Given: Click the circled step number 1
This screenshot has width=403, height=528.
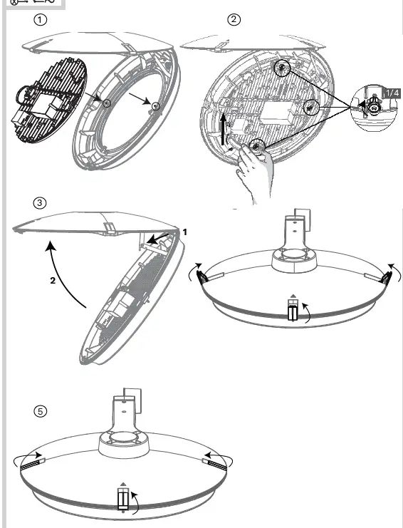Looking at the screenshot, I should point(41,20).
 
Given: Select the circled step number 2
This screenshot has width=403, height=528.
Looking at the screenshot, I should point(234,20).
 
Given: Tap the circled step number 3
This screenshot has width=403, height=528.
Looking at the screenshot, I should point(41,202).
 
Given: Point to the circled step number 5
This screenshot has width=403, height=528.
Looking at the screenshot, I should point(41,411).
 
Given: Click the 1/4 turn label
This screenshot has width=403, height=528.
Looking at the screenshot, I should point(392,93).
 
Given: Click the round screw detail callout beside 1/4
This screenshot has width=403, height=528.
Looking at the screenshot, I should point(372,109).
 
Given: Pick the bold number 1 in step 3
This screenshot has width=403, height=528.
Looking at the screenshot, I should point(183,232).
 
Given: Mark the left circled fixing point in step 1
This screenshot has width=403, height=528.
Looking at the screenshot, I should point(106,103).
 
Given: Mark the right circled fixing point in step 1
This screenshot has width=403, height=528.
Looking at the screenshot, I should point(154,106).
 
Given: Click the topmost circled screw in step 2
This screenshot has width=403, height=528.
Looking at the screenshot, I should point(283,68).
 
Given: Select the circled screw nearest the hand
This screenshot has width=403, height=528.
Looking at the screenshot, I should point(256,147).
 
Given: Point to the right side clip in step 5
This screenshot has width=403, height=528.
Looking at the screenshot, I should point(215,464).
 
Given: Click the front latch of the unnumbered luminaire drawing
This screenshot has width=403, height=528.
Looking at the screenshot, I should point(292,310).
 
